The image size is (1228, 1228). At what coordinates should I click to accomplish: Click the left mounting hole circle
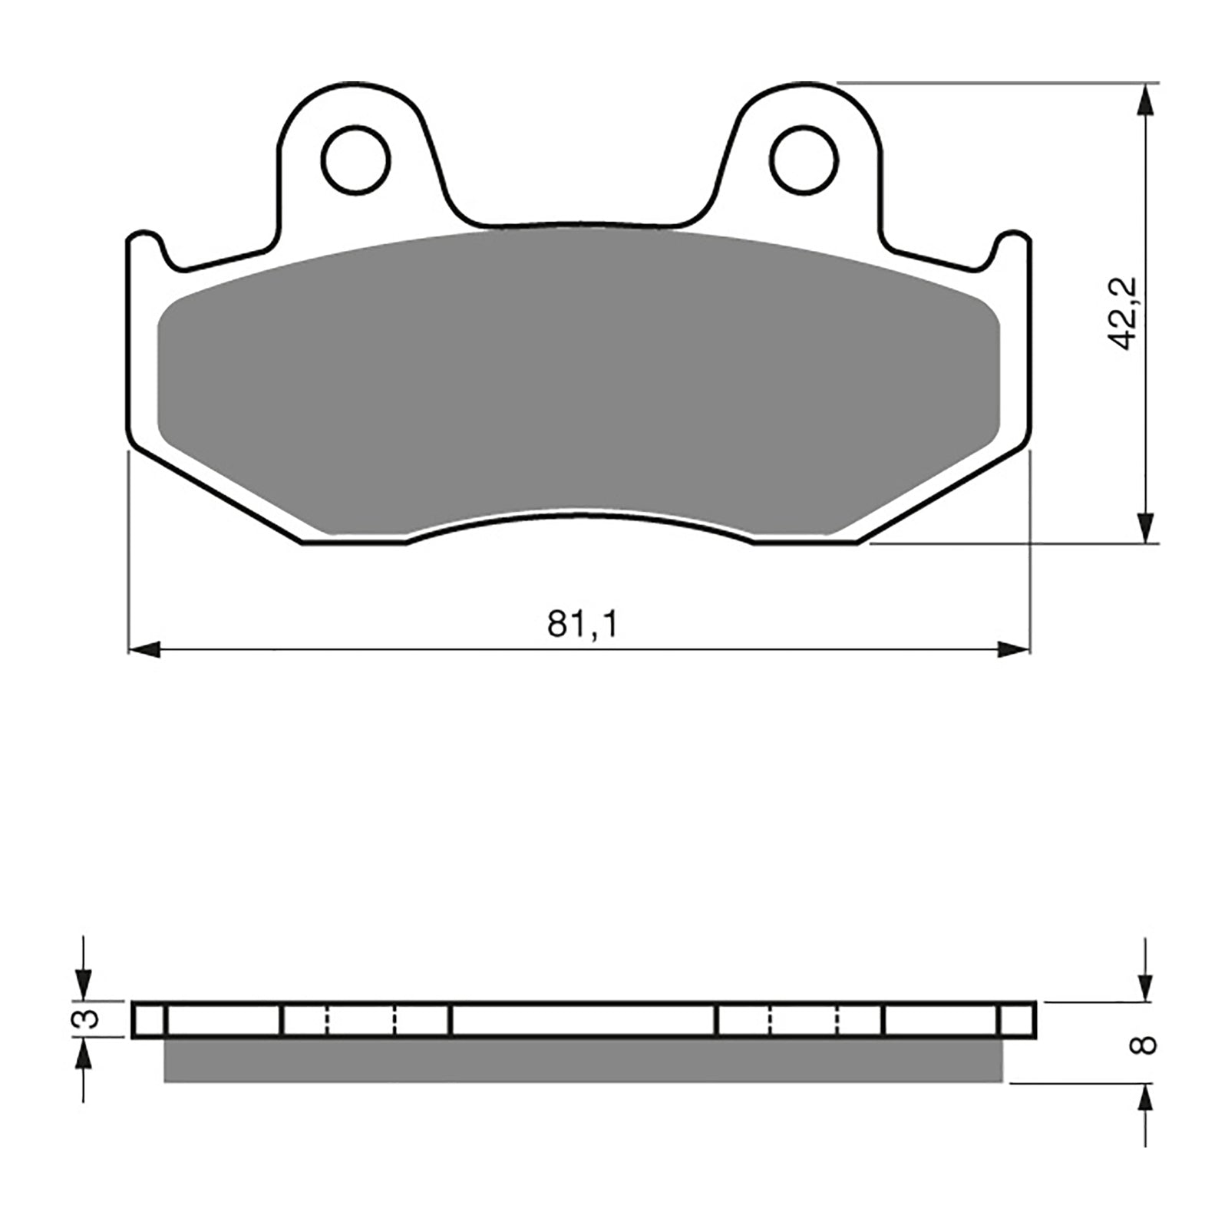356,160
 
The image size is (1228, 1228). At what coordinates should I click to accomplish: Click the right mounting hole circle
804,160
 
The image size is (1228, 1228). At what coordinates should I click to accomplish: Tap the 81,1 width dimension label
582,625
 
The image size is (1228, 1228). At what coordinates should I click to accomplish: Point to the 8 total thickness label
1145,1045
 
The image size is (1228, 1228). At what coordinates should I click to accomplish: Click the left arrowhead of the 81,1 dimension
144,650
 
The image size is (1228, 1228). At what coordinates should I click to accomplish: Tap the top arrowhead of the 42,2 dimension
1145,101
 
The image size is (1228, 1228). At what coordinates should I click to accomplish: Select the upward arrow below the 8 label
1145,1102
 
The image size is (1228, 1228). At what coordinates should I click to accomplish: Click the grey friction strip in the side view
583,1061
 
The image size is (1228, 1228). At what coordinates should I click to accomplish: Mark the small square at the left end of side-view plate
148,1020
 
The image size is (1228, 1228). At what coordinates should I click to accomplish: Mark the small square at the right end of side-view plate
1018,1020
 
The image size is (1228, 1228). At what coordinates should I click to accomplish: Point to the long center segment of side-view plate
583,1020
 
